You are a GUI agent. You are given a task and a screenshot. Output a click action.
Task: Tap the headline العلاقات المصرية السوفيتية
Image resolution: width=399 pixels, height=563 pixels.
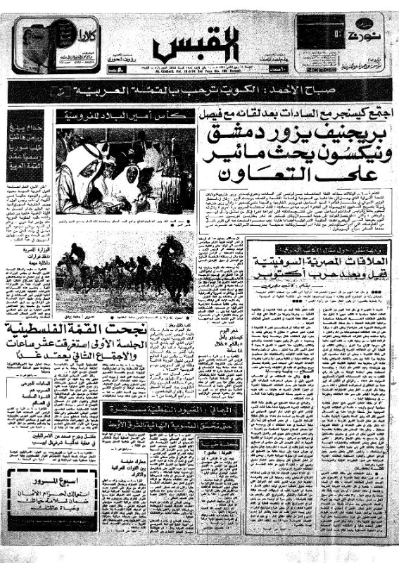pos(315,260)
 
